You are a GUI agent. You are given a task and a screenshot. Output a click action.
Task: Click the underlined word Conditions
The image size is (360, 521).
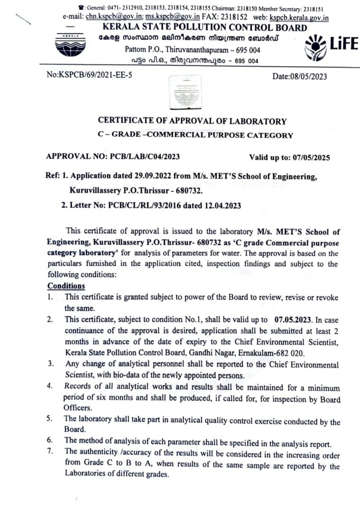(66, 285)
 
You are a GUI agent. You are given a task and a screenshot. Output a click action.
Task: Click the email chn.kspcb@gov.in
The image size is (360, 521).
(106, 17)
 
